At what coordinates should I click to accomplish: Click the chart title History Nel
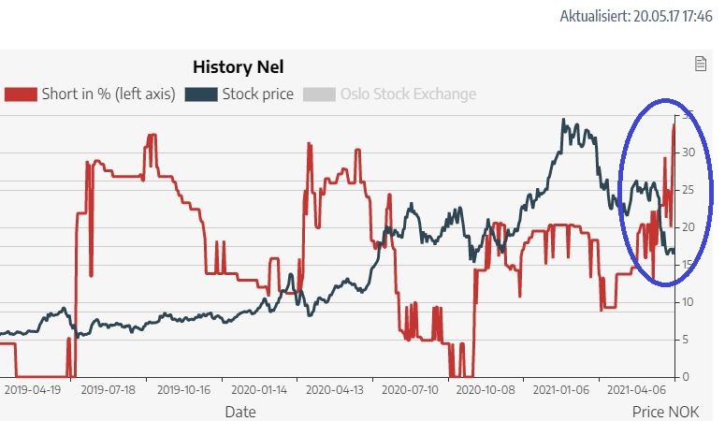(238, 67)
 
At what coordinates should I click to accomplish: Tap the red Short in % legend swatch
(21, 94)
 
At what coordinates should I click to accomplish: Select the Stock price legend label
(257, 94)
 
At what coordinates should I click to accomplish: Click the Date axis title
(239, 411)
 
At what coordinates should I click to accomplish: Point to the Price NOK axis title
(659, 411)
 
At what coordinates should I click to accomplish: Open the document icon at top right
(699, 64)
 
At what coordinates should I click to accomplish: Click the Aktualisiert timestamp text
(636, 17)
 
